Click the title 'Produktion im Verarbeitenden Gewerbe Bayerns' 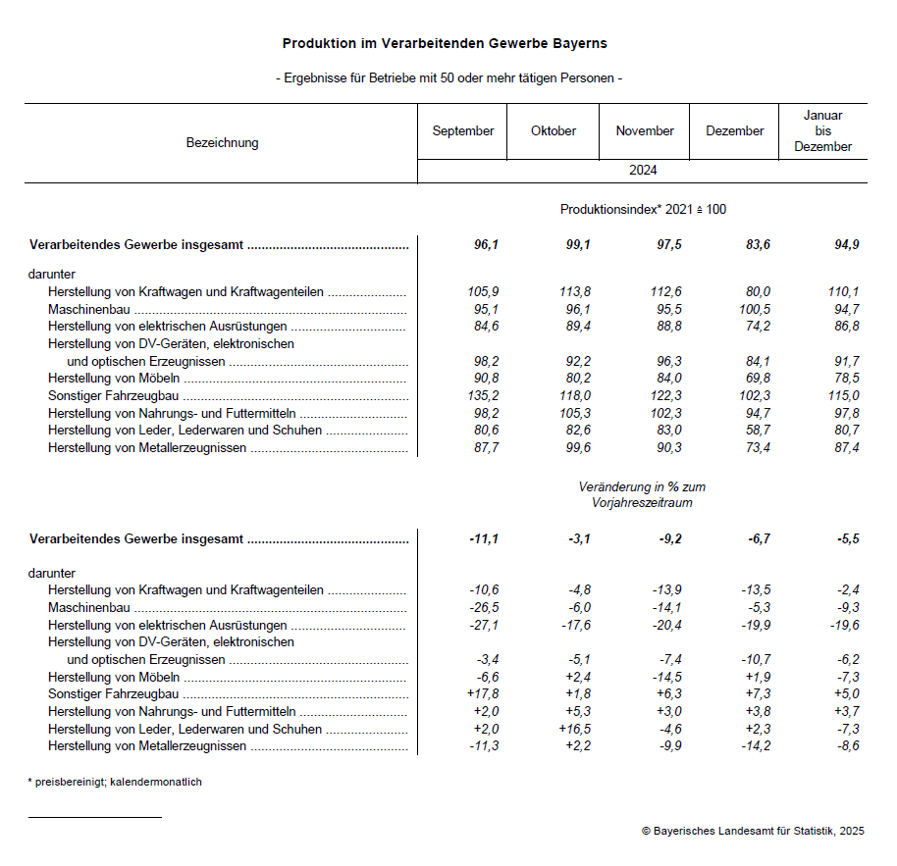click(445, 44)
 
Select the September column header click(463, 131)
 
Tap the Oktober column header click(554, 131)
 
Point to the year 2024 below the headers click(643, 171)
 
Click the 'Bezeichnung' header click(222, 143)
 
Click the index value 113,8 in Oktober click(573, 291)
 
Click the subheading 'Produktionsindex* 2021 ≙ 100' click(643, 210)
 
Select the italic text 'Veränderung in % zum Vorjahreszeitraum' click(642, 494)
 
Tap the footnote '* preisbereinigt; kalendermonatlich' click(115, 783)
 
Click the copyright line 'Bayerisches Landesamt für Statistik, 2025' click(753, 831)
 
